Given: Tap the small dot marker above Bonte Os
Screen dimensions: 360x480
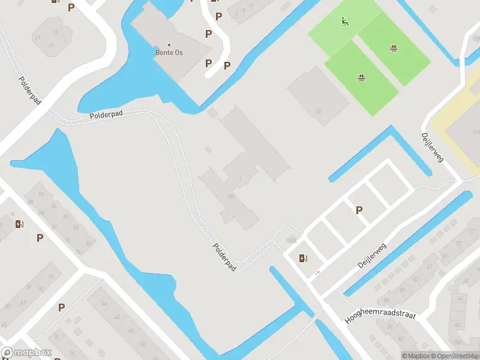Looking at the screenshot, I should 169,45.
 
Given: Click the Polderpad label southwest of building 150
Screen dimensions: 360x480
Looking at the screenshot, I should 224,257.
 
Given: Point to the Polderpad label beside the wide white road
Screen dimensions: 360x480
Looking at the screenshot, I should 29,91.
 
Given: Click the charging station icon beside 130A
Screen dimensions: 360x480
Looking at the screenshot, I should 303,259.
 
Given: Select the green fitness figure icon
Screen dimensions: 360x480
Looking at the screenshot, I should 344,23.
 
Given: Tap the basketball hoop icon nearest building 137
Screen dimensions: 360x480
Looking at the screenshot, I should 362,77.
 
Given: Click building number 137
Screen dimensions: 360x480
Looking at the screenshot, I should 319,111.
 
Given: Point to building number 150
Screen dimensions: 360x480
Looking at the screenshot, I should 230,196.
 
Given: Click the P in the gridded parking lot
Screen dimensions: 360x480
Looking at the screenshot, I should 359,210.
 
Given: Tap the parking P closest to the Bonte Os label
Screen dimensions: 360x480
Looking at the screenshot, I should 208,63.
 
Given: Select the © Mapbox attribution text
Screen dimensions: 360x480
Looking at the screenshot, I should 415,356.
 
